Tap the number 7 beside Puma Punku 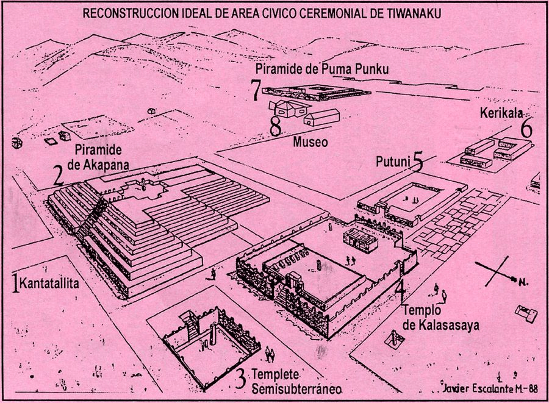[257, 90]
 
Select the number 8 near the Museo [276, 126]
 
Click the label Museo [310, 142]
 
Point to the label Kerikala [501, 113]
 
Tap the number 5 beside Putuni [417, 162]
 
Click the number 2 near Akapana [59, 176]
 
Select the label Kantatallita [49, 283]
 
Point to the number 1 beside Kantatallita [15, 283]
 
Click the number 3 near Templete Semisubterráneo [240, 379]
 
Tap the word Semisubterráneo [296, 388]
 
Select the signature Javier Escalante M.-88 [490, 388]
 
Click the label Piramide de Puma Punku [322, 69]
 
